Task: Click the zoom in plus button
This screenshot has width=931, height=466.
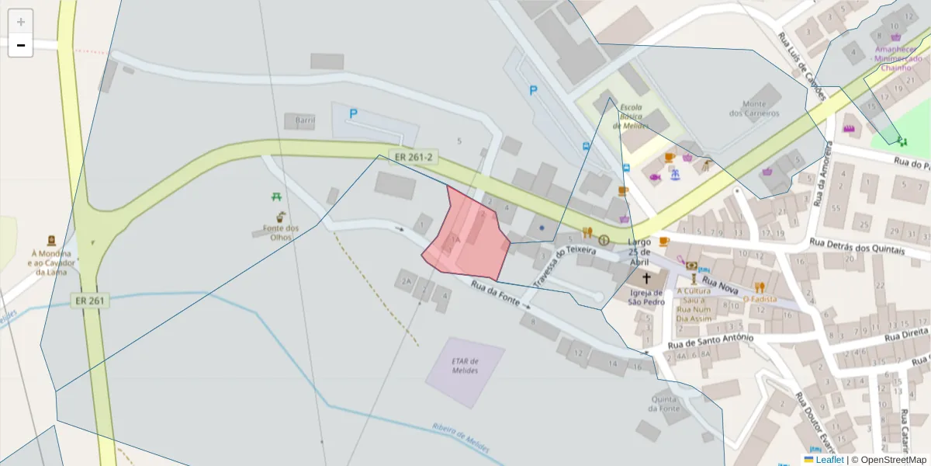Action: point(20,22)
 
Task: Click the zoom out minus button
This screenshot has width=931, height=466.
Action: point(20,45)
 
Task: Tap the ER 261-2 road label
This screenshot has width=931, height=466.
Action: point(414,158)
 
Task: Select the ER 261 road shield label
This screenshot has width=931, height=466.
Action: point(91,300)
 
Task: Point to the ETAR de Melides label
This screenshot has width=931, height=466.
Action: point(464,366)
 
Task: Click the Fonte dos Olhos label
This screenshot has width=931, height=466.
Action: point(280,232)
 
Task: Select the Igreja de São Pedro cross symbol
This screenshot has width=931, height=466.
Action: point(646,277)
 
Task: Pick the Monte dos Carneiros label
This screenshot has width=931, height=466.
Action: point(753,109)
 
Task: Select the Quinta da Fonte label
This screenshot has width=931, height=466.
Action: point(665,404)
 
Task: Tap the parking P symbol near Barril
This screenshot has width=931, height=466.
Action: point(353,113)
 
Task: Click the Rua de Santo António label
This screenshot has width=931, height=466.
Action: point(710,340)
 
